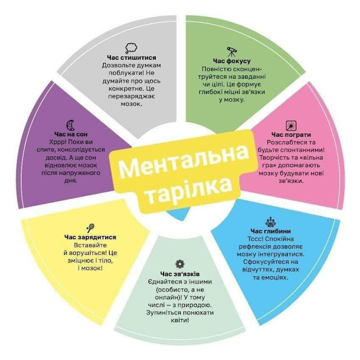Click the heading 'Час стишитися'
tap(132, 57)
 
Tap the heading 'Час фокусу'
tap(232, 60)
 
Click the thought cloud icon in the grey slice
tap(131, 47)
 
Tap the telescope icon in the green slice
tap(232, 51)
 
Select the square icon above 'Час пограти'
tap(291, 124)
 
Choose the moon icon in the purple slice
tap(70, 124)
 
